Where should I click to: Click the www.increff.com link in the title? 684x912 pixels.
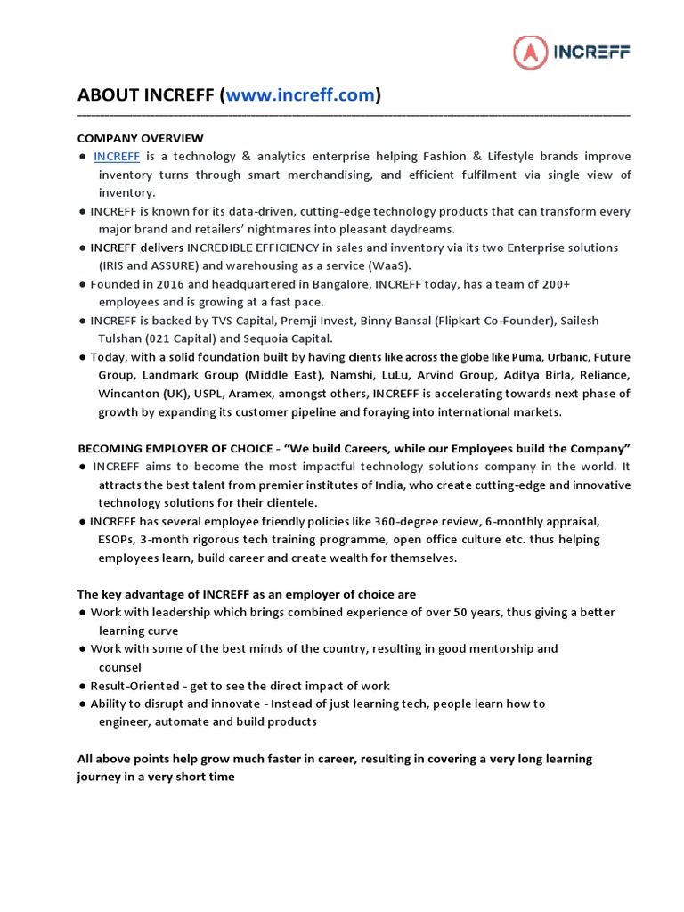(x=300, y=95)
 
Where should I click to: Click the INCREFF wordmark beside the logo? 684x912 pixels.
(x=593, y=53)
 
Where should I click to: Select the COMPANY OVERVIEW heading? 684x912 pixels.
(x=140, y=138)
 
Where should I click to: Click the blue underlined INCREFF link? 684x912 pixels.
(x=117, y=157)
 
